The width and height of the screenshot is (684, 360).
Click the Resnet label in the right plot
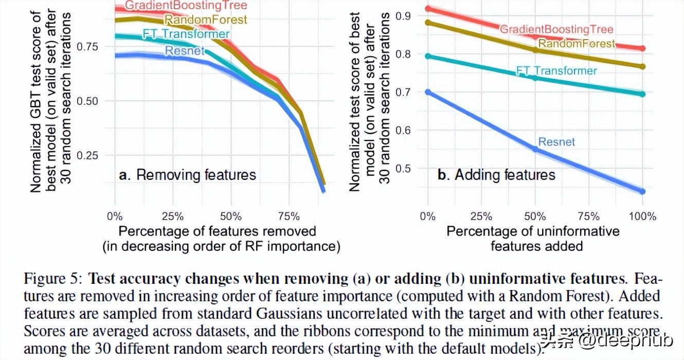[556, 142]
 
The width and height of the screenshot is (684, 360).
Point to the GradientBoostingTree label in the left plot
[186, 6]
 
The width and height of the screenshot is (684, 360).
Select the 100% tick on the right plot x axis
[642, 217]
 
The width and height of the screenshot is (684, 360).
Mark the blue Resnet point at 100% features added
[642, 191]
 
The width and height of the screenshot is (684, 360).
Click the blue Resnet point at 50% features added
[535, 149]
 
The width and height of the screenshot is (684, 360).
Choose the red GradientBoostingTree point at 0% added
[427, 9]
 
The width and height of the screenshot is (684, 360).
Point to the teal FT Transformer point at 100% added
[642, 94]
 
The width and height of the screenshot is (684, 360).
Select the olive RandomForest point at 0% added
[427, 23]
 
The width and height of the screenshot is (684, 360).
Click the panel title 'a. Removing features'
[187, 175]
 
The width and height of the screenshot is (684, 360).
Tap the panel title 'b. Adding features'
[496, 175]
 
